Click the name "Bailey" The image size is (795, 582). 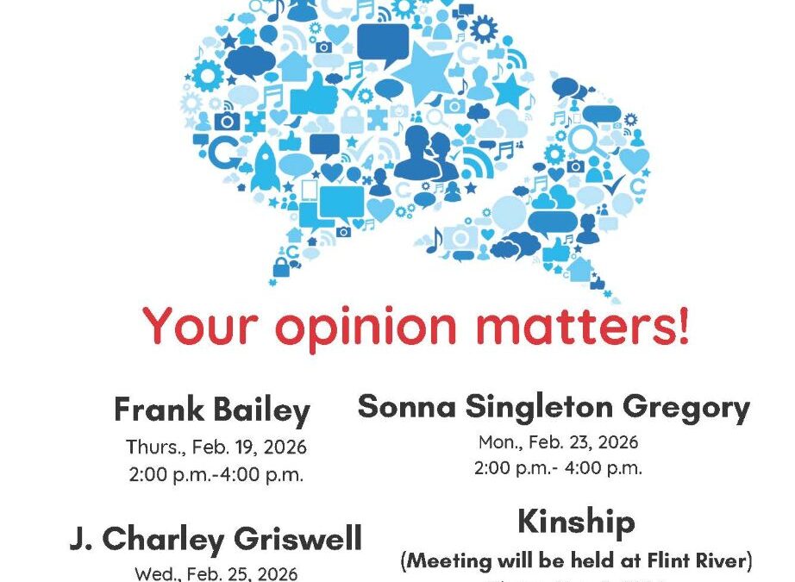tap(265, 410)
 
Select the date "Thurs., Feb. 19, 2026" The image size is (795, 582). tap(216, 447)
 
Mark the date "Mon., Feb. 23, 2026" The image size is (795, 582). tap(558, 442)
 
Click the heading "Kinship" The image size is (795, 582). tap(576, 523)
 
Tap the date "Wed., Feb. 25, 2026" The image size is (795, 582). tap(216, 573)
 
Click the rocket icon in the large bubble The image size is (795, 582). tap(265, 167)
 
